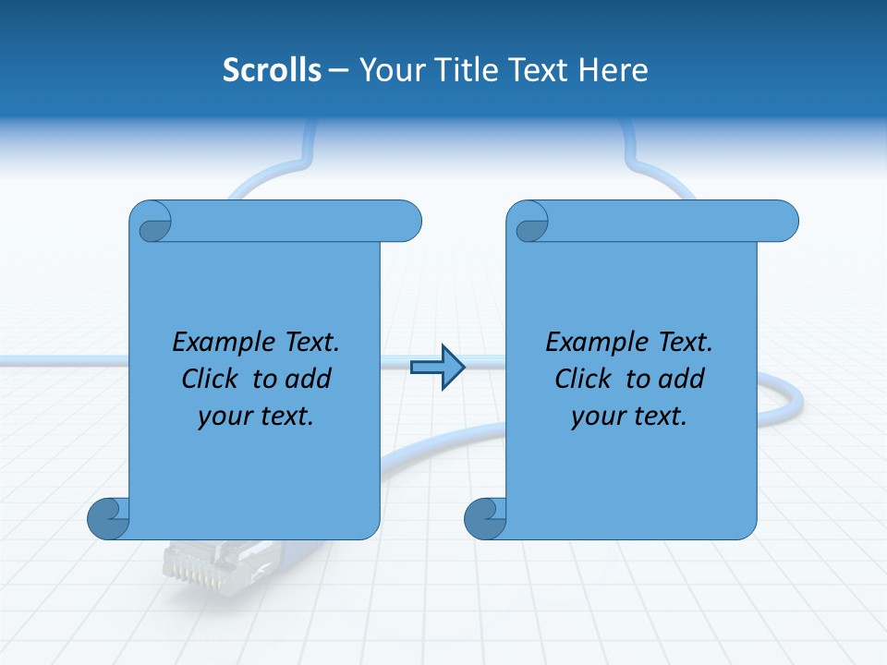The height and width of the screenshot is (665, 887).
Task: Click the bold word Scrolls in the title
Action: pos(273,69)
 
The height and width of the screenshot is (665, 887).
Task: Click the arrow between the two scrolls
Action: pos(437,368)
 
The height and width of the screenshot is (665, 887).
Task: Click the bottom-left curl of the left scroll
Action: pos(109,517)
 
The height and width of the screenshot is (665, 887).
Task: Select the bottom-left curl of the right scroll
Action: pos(485,517)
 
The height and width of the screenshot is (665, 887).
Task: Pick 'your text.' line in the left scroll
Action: pos(256,417)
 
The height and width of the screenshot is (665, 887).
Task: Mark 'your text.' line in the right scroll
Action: pos(629,417)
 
